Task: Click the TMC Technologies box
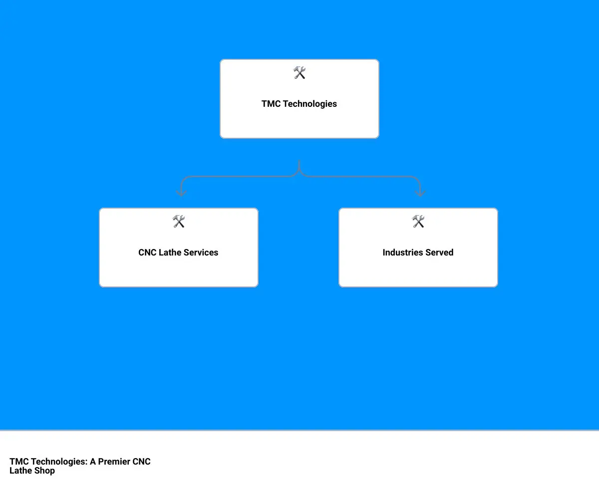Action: [299, 99]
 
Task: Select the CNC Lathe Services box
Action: [178, 247]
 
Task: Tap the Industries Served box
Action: [418, 247]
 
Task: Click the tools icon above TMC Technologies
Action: [299, 72]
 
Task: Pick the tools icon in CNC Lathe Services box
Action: [178, 221]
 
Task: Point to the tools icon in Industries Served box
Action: [418, 221]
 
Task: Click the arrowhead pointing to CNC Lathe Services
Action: [181, 193]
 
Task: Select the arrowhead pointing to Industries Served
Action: [420, 193]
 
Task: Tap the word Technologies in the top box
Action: [310, 104]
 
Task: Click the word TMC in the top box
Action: [271, 103]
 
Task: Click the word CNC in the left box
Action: [147, 252]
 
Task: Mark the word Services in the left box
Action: [201, 252]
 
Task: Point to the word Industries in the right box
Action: [402, 252]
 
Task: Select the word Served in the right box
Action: [439, 252]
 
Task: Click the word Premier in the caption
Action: [114, 462]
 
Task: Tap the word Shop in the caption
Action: [44, 471]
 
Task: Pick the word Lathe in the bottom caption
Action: [20, 471]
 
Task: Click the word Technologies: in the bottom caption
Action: [59, 462]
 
